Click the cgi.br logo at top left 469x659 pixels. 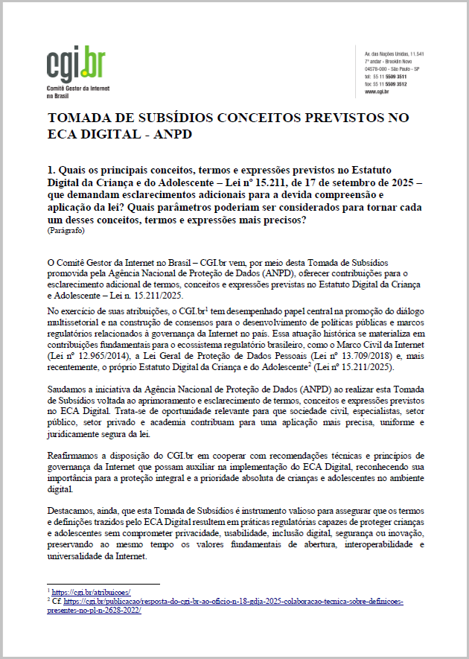[75, 66]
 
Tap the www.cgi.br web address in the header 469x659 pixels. [376, 92]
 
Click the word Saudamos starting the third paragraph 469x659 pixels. [68, 389]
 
